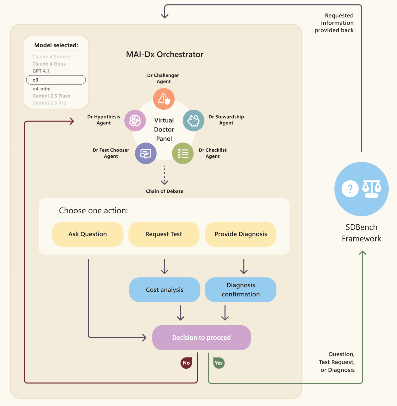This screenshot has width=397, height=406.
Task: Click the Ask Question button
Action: pos(88,234)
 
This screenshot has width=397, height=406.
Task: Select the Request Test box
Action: pos(164,234)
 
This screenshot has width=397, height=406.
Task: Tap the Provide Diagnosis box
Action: pos(241,234)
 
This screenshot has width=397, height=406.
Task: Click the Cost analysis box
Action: pos(164,290)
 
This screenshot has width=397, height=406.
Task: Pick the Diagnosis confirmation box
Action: pos(241,290)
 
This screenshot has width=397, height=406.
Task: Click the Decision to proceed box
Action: pos(201,337)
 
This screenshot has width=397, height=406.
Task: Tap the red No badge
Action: pos(186,363)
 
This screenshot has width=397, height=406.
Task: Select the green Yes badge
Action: pos(219,363)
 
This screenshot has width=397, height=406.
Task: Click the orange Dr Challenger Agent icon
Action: pos(164,99)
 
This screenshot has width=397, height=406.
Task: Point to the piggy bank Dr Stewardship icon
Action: pos(193,121)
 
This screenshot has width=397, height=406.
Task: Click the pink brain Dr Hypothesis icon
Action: pos(135,121)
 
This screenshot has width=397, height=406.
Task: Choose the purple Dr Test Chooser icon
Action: pos(146,153)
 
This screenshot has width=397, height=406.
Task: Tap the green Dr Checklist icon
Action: pos(183,153)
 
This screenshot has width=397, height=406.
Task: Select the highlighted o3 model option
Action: pos(56,80)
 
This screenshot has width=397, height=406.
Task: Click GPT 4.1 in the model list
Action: pos(41,71)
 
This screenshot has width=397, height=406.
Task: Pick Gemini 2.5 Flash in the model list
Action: pos(51,96)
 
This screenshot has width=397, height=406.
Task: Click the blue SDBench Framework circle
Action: pos(361,189)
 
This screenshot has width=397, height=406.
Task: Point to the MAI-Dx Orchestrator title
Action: pos(165,54)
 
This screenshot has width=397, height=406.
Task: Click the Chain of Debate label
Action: pos(164,191)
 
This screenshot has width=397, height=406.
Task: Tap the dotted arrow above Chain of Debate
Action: pos(164,175)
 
